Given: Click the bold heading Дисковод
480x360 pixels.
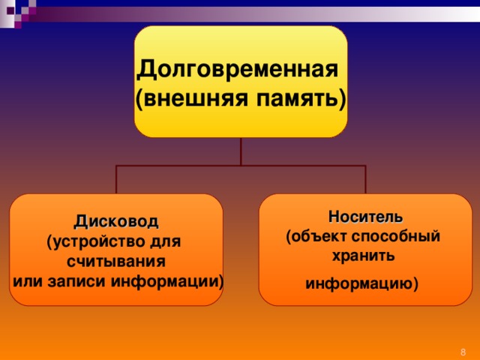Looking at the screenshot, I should click(x=116, y=221).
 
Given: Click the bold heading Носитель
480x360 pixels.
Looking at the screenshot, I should click(x=365, y=217).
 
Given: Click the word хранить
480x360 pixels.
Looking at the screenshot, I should click(x=363, y=256).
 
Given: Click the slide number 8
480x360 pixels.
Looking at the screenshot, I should click(x=463, y=352).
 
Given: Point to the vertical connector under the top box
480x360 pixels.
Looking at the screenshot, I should click(x=241, y=151).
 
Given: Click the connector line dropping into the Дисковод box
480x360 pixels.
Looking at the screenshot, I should click(x=117, y=179).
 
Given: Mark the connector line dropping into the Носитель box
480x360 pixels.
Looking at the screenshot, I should click(x=365, y=179).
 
